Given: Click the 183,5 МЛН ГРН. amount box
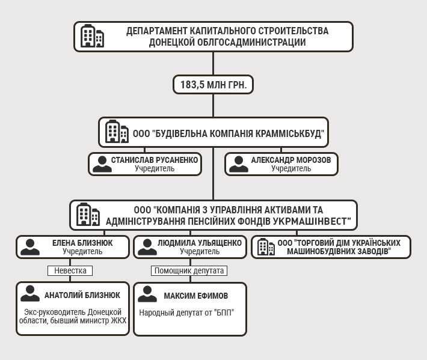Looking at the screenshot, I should coord(213,85).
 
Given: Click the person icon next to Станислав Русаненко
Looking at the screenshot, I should coord(102,164).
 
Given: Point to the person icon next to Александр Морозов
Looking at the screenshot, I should coord(239,164).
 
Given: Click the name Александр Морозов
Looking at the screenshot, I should coord(291,160).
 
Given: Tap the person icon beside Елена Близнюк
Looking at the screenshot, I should coord(29,247).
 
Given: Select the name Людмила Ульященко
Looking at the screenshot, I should coord(199,243).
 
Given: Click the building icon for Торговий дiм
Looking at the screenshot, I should coord(262,247).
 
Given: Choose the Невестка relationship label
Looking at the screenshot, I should coord(70,270).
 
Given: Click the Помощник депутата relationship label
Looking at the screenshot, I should coord(189,270).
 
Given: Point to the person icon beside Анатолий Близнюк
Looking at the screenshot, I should coord(29,294).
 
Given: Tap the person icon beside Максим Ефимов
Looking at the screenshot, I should coord(147,294).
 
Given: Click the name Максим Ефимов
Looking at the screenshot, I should coord(196,296).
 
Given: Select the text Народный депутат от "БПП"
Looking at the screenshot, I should coord(186,313).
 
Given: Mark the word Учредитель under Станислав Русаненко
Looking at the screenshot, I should coord(155,168).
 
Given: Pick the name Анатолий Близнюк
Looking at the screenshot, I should coord(82,295).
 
